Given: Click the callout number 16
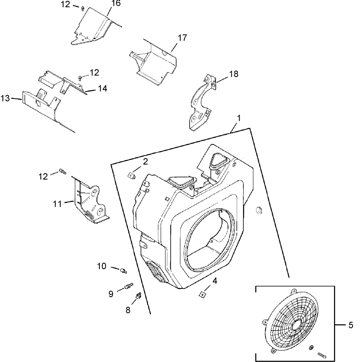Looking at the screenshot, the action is click(105, 4).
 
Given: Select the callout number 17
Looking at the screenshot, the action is click(182, 37).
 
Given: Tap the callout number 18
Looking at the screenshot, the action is click(233, 74).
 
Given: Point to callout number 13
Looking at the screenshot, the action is click(5, 98).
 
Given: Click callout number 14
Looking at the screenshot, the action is click(102, 88).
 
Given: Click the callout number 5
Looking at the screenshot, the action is click(351, 325).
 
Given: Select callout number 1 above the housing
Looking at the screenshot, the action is click(238, 118).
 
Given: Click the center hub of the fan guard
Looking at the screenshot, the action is click(295, 325).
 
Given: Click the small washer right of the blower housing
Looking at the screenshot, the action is click(259, 210).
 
